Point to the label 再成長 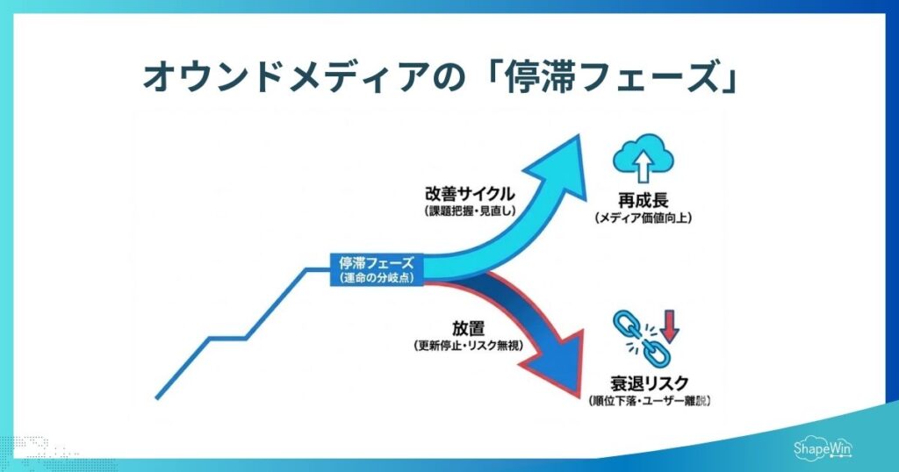(x=643, y=201)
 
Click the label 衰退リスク (x=649, y=383)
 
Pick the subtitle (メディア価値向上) (x=643, y=218)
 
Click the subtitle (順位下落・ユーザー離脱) (x=649, y=401)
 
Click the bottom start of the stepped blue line (x=157, y=397)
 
